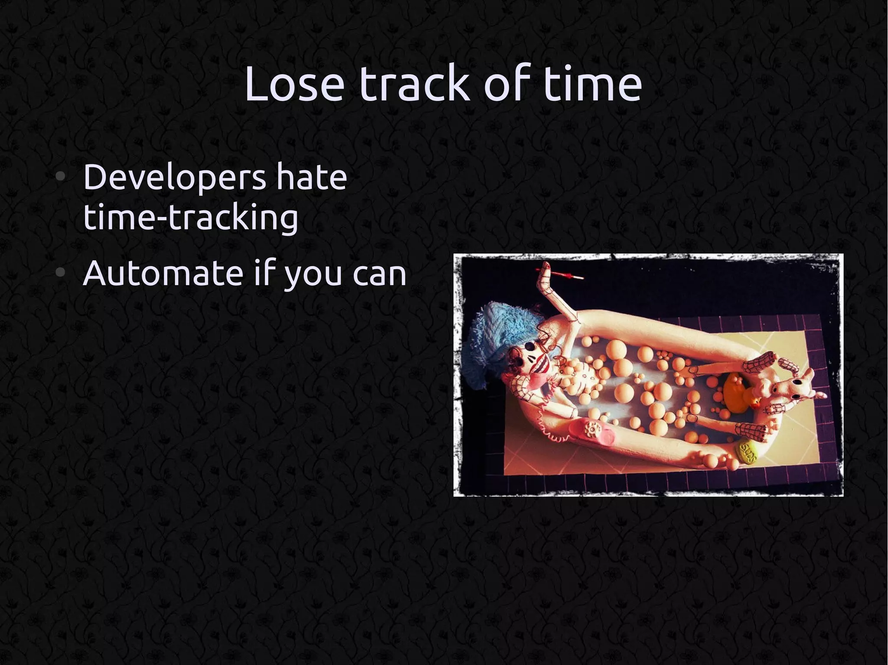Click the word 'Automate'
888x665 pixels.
pyautogui.click(x=163, y=273)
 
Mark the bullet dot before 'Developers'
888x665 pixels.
pyautogui.click(x=61, y=177)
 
